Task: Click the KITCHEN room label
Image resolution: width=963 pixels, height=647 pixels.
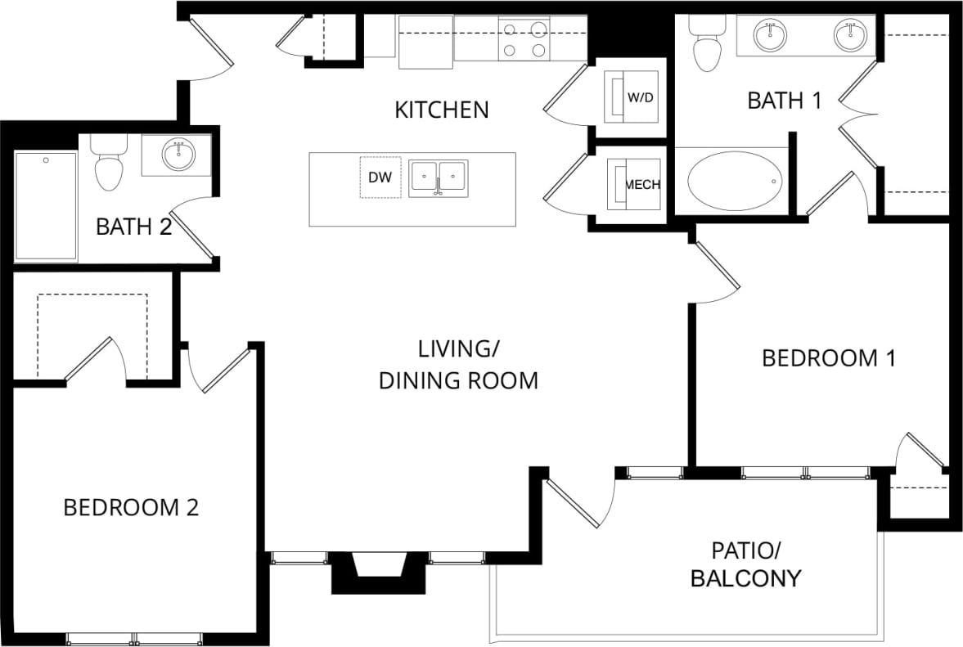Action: (x=441, y=110)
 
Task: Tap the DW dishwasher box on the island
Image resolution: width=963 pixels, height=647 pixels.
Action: (x=380, y=177)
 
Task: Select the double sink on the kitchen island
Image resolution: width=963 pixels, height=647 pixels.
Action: (x=438, y=177)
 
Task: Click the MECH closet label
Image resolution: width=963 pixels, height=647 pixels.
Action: (x=642, y=185)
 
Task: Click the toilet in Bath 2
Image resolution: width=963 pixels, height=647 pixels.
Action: (x=108, y=166)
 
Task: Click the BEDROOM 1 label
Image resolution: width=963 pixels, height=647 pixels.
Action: (x=829, y=358)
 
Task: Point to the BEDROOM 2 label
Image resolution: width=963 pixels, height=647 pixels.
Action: (x=131, y=508)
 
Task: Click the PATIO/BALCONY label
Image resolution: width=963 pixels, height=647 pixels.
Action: (x=745, y=564)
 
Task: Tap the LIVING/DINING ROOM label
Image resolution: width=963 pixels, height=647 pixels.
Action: (x=458, y=365)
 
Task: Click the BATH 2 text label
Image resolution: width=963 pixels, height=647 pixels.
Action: (x=133, y=227)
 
